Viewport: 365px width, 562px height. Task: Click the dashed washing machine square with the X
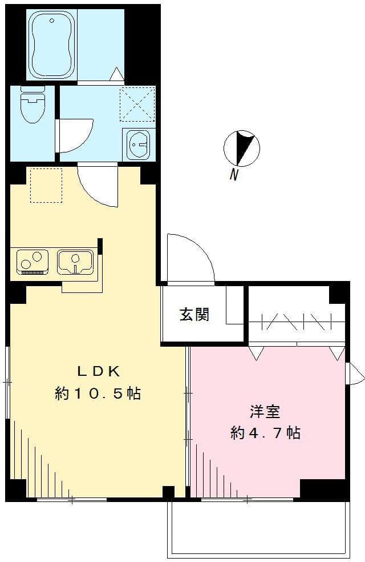pos(137,103)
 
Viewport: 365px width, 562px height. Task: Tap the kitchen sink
pos(75,262)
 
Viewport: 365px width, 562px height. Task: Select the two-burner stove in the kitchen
pos(33,262)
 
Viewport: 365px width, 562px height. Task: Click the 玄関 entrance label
pos(194,314)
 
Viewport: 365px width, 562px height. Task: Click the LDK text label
pos(99,371)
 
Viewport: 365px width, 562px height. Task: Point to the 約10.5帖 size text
pos(98,394)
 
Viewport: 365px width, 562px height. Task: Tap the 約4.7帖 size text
pos(265,433)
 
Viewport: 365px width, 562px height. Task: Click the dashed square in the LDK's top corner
pos(46,185)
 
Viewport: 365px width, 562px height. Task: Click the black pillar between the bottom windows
pos(168,492)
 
